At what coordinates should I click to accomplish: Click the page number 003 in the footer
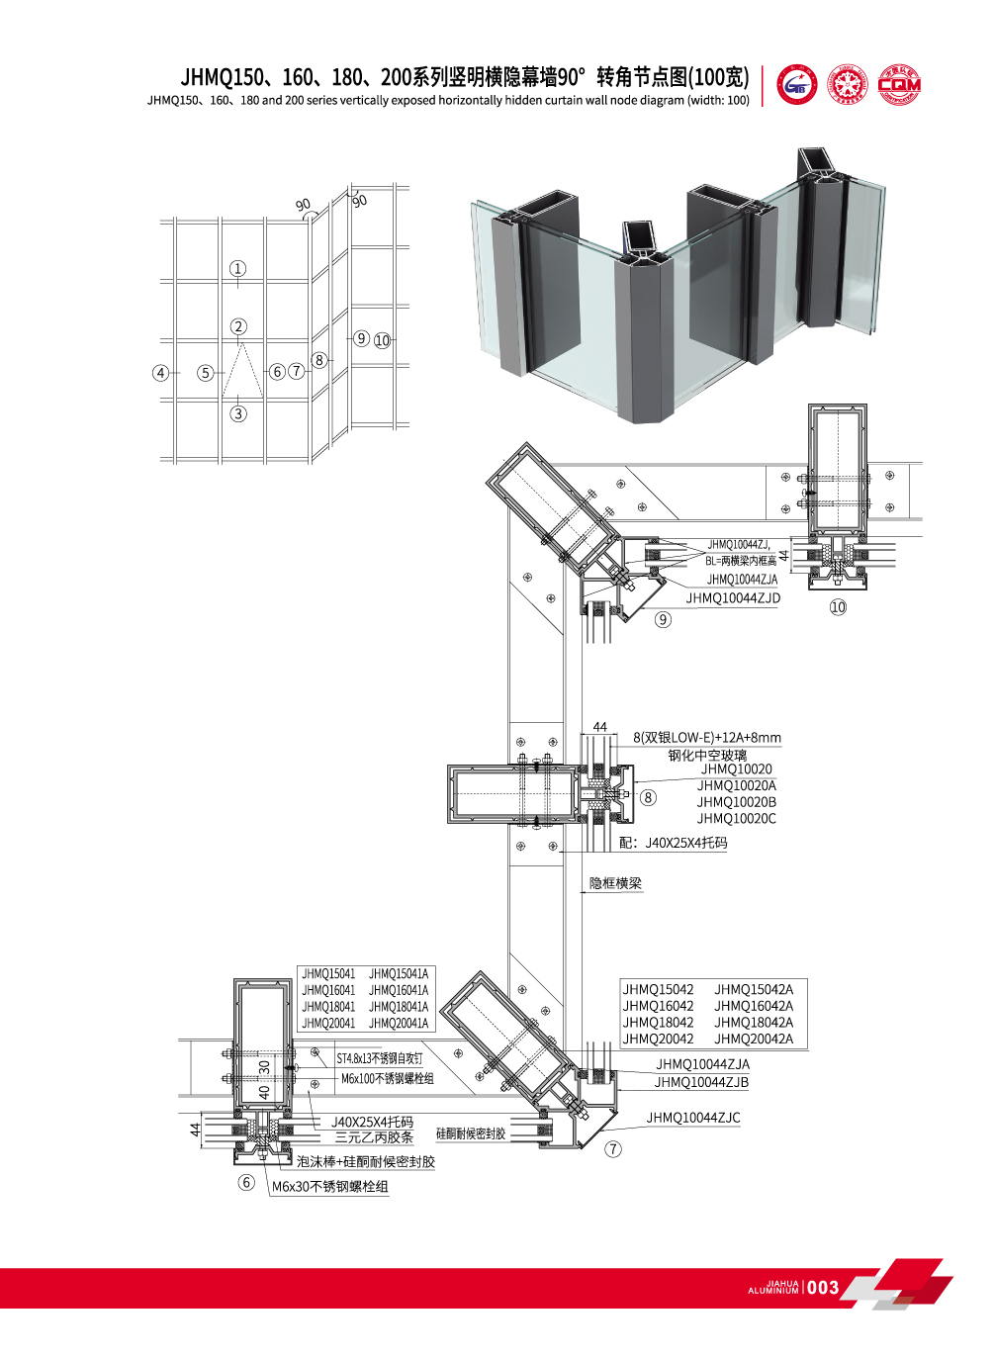pyautogui.click(x=823, y=1288)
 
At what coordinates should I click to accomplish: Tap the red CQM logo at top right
pyautogui.click(x=899, y=85)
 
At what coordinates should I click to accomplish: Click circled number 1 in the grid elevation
pyautogui.click(x=237, y=268)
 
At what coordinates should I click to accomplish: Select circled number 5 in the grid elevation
pyautogui.click(x=205, y=373)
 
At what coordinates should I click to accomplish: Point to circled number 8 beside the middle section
pyautogui.click(x=648, y=797)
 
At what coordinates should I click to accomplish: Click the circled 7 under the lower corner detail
pyautogui.click(x=613, y=1148)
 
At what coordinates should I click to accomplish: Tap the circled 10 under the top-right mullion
pyautogui.click(x=838, y=607)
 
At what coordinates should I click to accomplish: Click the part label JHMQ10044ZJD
pyautogui.click(x=733, y=598)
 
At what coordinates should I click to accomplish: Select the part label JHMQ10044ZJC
pyautogui.click(x=693, y=1118)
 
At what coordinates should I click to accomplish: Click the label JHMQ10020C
pyautogui.click(x=736, y=818)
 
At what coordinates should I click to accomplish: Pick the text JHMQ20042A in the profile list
pyautogui.click(x=754, y=1039)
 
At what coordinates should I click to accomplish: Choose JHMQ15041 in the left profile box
pyautogui.click(x=328, y=974)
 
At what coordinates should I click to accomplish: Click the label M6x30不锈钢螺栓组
pyautogui.click(x=330, y=1187)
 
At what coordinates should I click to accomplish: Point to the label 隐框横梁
pyautogui.click(x=615, y=883)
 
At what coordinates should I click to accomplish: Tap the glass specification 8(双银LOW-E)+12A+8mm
pyautogui.click(x=707, y=737)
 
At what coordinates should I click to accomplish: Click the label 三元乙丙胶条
pyautogui.click(x=374, y=1137)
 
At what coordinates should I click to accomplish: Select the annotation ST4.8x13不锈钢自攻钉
pyautogui.click(x=379, y=1058)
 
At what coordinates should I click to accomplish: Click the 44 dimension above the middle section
pyautogui.click(x=600, y=727)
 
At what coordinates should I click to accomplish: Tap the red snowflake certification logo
pyautogui.click(x=848, y=85)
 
